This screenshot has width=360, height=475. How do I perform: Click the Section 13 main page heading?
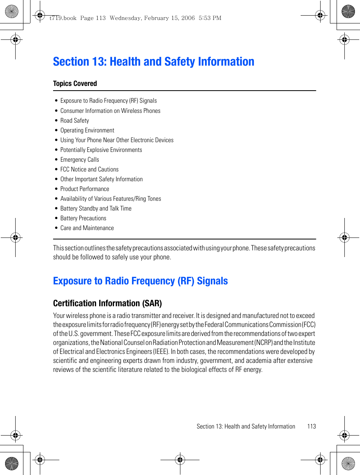[153, 62]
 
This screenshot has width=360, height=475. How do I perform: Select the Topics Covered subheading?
[75, 84]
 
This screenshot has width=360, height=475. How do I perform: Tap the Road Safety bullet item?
[75, 121]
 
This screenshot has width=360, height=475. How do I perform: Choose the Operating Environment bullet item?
[87, 130]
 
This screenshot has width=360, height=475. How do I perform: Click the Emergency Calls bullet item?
[80, 160]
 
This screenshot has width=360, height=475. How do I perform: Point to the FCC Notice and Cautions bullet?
[89, 170]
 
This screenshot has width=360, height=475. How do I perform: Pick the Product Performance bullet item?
[85, 189]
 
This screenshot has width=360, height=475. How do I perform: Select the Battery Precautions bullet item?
[83, 218]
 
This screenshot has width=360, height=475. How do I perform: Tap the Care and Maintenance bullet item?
[87, 228]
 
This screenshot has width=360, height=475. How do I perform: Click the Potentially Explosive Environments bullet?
[101, 150]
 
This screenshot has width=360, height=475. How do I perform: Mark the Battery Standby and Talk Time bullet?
[96, 209]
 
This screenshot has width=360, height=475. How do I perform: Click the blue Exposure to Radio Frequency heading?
[140, 281]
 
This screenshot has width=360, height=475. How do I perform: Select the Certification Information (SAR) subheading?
[107, 303]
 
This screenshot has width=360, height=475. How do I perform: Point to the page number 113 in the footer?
[311, 427]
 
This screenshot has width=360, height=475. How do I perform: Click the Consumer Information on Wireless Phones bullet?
[110, 111]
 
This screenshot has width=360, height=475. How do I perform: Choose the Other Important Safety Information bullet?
[102, 179]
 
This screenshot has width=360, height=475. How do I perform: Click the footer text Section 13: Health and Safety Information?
[246, 427]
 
